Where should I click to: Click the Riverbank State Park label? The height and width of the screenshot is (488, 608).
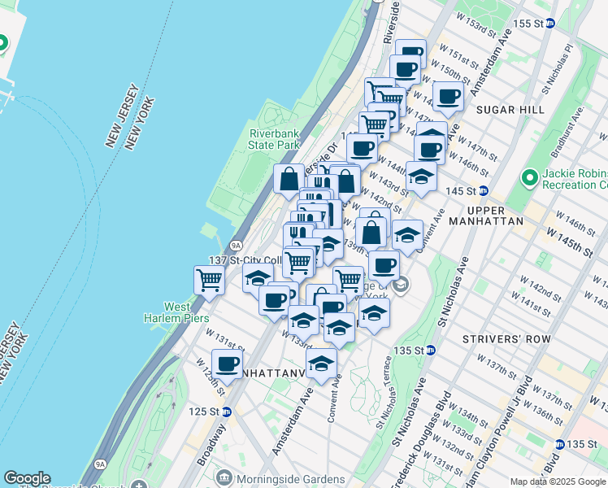[275, 138]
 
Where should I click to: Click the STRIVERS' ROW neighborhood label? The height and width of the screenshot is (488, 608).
[494, 338]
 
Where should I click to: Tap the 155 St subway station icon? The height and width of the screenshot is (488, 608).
[549, 24]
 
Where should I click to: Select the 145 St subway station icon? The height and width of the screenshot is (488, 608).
[483, 190]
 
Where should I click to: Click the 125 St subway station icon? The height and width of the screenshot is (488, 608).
[227, 412]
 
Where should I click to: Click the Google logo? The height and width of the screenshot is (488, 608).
[27, 478]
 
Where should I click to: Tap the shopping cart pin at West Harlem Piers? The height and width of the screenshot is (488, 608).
[210, 281]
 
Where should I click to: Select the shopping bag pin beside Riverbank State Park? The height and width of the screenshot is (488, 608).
[289, 179]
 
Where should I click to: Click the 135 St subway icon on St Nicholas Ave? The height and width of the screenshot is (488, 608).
[431, 350]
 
